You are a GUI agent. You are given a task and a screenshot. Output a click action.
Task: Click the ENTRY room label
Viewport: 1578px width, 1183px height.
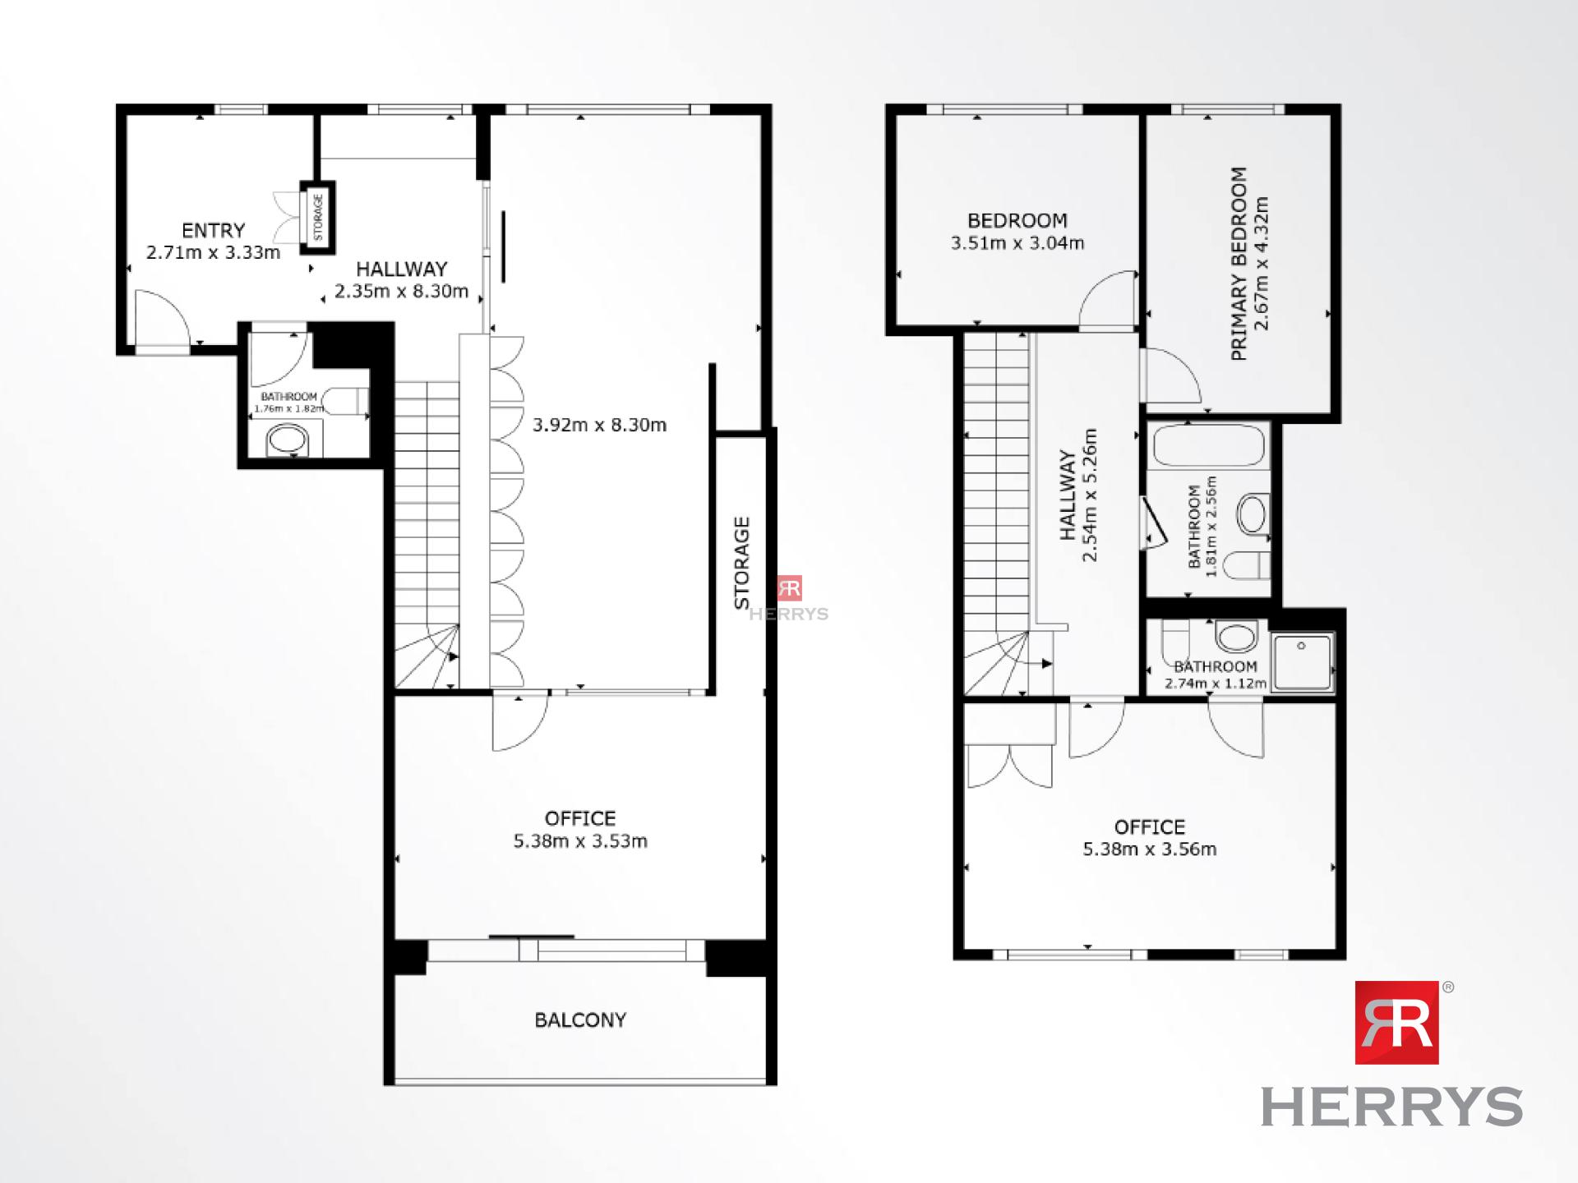click(214, 230)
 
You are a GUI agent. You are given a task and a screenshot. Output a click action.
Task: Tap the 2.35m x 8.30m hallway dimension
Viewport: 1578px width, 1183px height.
click(401, 291)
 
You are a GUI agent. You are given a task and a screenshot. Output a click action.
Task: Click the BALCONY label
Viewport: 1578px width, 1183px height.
click(580, 1020)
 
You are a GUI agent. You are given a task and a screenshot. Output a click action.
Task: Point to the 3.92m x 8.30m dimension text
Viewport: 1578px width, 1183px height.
click(599, 425)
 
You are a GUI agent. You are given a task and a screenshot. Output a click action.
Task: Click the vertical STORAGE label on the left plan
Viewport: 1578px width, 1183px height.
click(742, 563)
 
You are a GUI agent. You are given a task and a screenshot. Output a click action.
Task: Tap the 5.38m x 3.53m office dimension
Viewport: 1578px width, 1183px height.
click(580, 841)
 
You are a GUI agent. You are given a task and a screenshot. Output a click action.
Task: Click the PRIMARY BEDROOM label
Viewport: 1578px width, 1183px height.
click(1239, 264)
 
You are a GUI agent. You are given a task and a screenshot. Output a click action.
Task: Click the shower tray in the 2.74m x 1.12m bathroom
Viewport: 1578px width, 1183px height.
click(1302, 662)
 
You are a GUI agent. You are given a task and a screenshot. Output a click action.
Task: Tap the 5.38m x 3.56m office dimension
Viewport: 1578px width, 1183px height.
click(1150, 849)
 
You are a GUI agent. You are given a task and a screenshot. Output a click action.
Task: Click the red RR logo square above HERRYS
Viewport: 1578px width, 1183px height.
click(1396, 1022)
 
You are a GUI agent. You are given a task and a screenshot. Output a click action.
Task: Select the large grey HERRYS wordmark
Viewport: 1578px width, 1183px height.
click(1391, 1107)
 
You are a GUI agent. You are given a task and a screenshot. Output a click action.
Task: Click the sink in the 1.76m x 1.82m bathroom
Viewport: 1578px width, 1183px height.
click(286, 440)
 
